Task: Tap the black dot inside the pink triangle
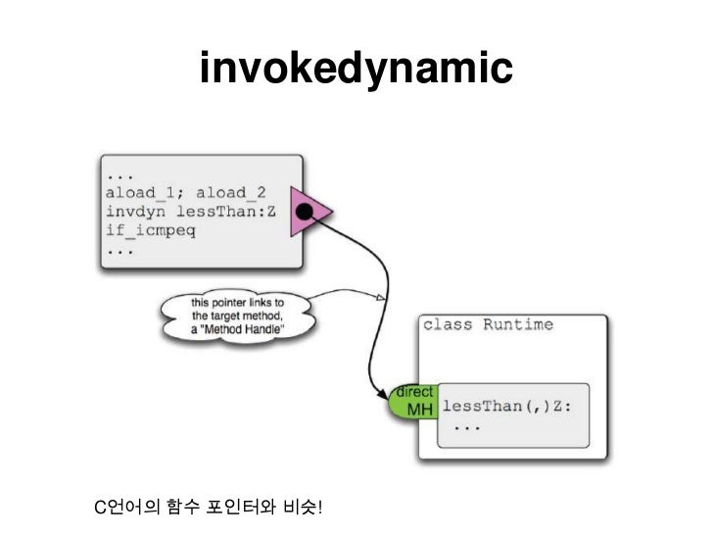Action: click(306, 212)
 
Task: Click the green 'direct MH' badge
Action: click(412, 401)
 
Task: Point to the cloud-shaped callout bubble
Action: click(238, 316)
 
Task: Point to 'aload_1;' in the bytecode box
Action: click(143, 191)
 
